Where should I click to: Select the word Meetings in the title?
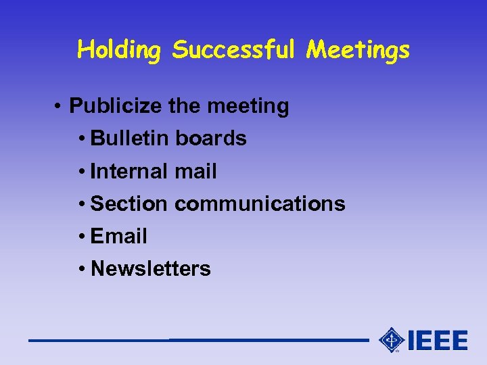click(x=358, y=50)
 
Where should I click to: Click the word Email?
click(x=118, y=236)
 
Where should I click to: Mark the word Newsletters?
click(x=150, y=268)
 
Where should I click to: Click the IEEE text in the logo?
click(x=438, y=340)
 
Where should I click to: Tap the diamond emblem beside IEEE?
click(x=391, y=340)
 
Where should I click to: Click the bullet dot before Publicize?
click(x=60, y=107)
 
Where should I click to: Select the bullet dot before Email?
click(x=81, y=237)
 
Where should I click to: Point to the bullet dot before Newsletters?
click(x=81, y=269)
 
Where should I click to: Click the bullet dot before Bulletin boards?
click(x=81, y=139)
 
